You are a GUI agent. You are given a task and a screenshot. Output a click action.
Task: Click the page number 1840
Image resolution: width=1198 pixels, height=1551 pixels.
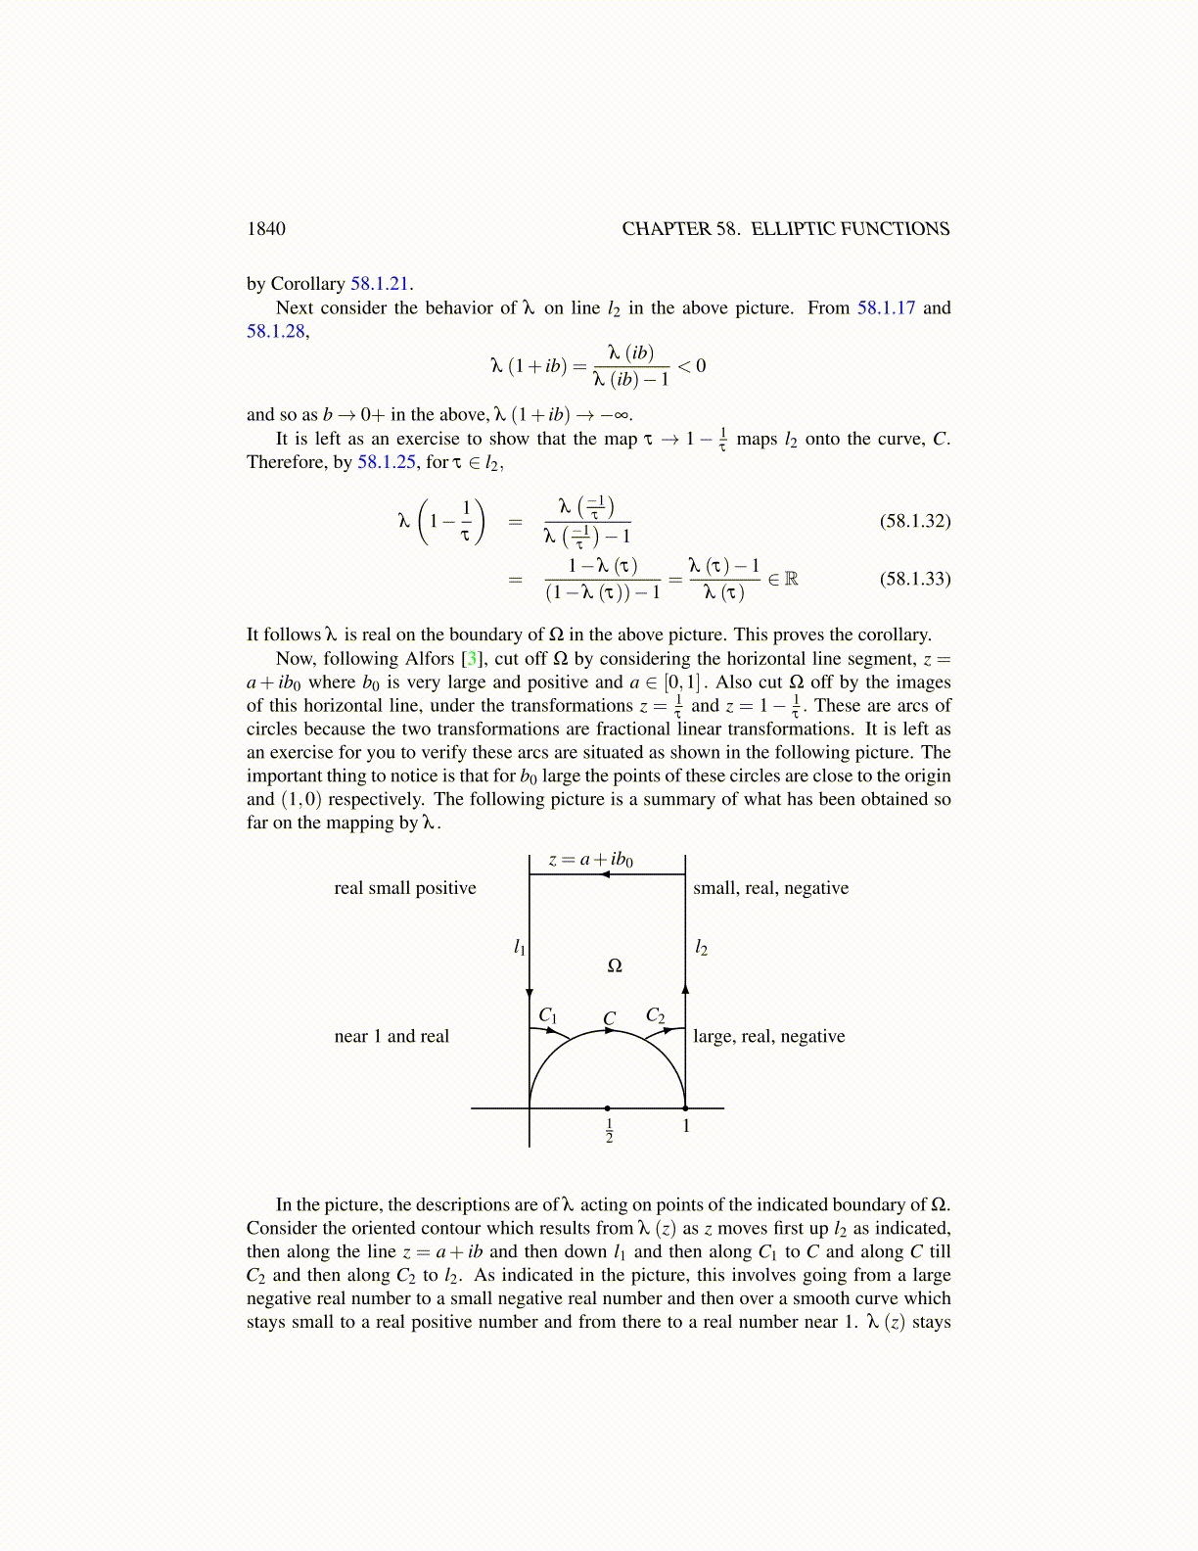coord(266,229)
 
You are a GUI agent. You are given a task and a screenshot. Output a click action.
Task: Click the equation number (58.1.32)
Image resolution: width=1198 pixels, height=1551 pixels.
coord(914,521)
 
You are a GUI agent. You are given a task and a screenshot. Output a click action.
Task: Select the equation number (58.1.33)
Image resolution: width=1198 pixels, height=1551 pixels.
coord(914,579)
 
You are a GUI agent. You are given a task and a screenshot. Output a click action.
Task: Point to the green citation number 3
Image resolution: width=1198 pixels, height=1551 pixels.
coord(471,659)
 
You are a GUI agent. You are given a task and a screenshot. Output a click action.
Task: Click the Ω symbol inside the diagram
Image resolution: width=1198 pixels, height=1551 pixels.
coord(615,965)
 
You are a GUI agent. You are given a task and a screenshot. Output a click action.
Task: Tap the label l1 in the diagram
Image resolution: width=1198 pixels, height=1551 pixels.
coord(520,947)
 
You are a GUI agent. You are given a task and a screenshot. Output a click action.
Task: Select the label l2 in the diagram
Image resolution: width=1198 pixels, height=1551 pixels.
coord(701,947)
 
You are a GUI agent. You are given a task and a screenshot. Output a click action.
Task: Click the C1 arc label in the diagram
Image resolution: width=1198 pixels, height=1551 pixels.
coord(548,1015)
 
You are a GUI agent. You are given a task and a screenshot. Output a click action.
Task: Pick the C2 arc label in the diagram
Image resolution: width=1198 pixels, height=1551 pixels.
coord(655,1015)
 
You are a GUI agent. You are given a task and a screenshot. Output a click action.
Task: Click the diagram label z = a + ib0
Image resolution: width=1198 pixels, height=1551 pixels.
coord(590,860)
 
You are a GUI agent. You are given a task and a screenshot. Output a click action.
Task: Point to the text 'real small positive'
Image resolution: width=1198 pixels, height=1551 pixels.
coord(405,888)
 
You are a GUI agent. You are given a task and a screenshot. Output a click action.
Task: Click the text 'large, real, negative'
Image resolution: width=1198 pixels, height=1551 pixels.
coord(768,1036)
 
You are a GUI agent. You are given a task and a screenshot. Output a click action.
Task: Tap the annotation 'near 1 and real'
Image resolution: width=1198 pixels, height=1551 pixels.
coord(392,1036)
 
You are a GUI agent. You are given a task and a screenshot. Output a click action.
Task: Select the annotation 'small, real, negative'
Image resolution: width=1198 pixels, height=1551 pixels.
coord(770,888)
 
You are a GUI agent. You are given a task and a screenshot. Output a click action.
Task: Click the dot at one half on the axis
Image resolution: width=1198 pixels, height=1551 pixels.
coord(608,1108)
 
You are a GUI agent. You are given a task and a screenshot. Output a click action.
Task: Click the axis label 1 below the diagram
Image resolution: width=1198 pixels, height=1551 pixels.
coord(686,1126)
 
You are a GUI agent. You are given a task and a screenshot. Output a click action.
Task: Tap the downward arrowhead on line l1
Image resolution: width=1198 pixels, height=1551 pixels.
coord(530,993)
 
